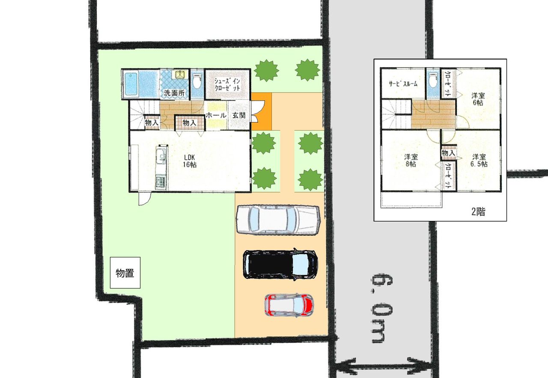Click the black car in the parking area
click(280, 265)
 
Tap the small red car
click(289, 306)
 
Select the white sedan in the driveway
click(278, 220)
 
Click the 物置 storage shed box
click(125, 273)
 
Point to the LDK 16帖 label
click(190, 161)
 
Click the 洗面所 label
click(174, 93)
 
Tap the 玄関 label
click(239, 115)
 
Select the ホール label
click(216, 115)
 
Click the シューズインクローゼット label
click(227, 84)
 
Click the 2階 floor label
click(478, 211)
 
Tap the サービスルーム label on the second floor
click(403, 84)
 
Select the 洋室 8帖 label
click(411, 160)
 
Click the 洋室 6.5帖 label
click(479, 160)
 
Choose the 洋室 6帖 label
click(478, 99)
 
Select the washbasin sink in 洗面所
click(180, 74)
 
